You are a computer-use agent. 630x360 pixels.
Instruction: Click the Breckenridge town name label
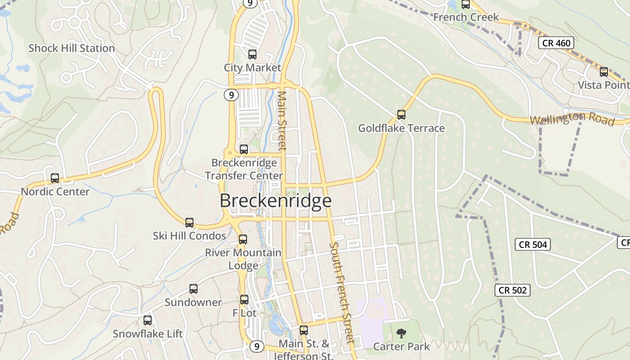(275, 201)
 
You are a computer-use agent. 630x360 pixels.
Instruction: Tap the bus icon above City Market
(252, 54)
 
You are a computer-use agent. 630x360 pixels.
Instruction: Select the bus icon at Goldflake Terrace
(401, 115)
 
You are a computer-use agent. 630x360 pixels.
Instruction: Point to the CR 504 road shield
(533, 244)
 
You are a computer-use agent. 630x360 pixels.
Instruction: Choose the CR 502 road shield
(513, 290)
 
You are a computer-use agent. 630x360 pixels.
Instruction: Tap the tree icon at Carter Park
(401, 333)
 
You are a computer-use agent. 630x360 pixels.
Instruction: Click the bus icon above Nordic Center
(55, 178)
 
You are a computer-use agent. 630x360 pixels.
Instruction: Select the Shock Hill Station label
(72, 48)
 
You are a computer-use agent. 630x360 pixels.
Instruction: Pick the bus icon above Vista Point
(604, 72)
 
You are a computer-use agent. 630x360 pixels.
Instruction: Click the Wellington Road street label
(572, 119)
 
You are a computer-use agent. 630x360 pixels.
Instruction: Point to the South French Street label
(342, 292)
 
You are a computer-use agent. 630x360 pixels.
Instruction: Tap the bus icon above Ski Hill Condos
(189, 223)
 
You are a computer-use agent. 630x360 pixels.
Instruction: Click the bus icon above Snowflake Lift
(148, 320)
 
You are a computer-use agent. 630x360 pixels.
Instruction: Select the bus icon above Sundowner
(193, 289)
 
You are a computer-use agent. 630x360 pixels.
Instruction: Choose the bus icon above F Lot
(244, 299)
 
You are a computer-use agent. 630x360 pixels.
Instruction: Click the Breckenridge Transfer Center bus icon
(244, 149)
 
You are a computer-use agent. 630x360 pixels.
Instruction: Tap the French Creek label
(466, 17)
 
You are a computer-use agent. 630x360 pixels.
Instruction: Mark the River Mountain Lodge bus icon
(243, 239)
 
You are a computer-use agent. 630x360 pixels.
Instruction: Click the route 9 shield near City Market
(231, 95)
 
